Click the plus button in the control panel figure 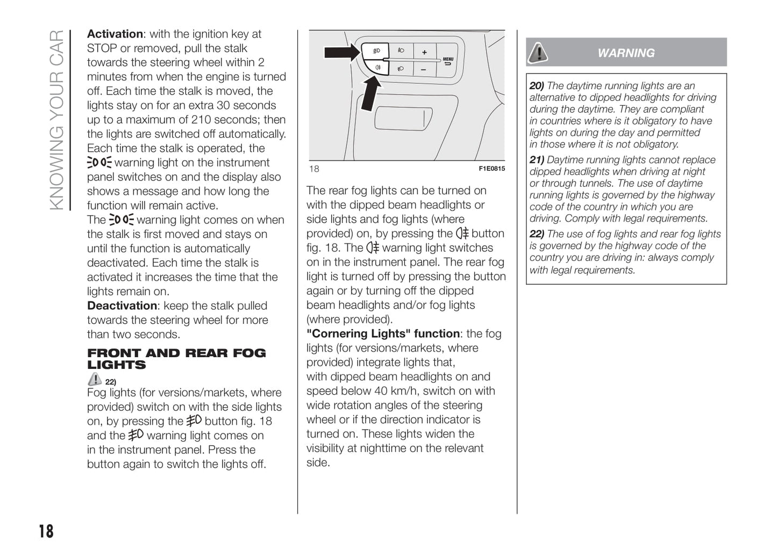coord(424,52)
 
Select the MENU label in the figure coord(448,59)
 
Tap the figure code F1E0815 coord(491,169)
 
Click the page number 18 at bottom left coord(46,531)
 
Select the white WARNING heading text coord(626,53)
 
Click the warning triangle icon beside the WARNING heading coord(537,53)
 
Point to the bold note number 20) coord(537,85)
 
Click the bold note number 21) coord(537,160)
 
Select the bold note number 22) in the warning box coord(537,234)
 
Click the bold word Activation coord(115,34)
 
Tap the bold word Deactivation coord(122,306)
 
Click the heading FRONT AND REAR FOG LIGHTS coord(176,359)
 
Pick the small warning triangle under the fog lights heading coord(95,379)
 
